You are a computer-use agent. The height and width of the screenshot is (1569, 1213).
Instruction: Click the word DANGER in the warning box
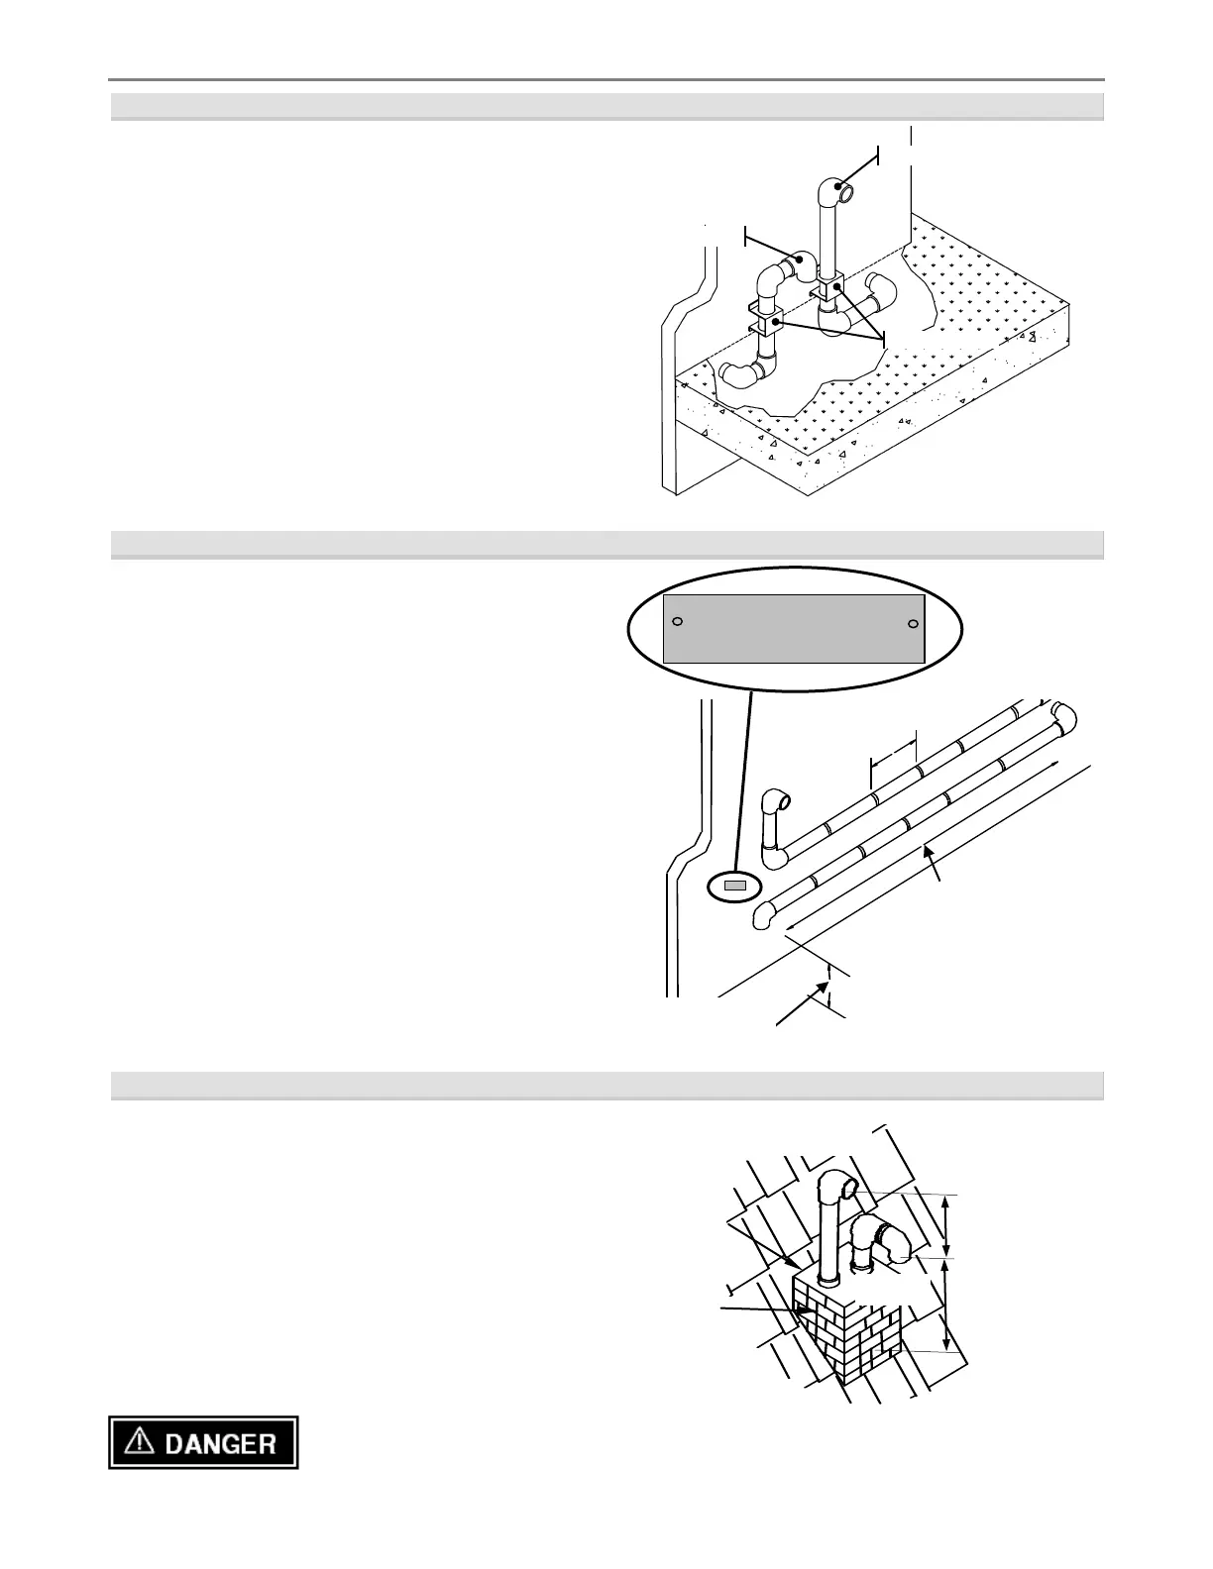[220, 1443]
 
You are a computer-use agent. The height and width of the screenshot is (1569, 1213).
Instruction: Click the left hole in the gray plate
[677, 622]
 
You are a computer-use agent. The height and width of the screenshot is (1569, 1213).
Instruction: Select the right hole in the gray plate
[913, 624]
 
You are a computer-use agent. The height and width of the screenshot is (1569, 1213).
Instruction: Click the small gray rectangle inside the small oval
[733, 886]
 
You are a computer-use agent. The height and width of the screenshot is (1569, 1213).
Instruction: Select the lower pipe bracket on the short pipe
[764, 322]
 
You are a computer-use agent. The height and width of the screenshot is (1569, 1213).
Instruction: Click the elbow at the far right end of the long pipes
[1063, 716]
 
